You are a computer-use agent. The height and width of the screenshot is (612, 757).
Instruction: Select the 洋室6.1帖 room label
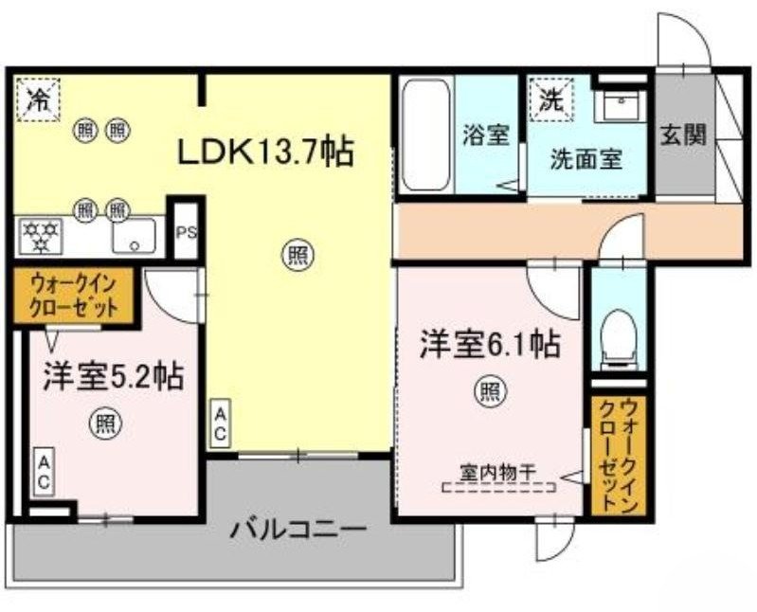click(x=489, y=344)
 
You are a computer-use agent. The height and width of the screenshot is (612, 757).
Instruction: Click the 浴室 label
click(x=486, y=135)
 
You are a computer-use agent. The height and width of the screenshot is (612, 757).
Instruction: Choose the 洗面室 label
click(x=586, y=158)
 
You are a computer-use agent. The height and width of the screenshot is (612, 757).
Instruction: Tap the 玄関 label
click(x=683, y=135)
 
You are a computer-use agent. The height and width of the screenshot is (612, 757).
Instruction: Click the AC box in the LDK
click(x=219, y=423)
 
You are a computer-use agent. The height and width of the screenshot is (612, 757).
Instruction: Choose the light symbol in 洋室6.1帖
click(x=489, y=390)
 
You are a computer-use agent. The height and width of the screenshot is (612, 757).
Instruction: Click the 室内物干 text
click(x=498, y=471)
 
